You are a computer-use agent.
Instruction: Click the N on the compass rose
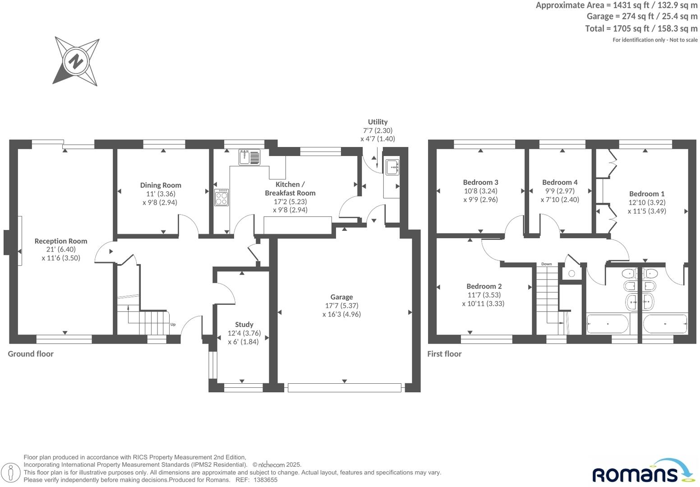[75, 61]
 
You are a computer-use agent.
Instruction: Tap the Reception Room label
[60, 241]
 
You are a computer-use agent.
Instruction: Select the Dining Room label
[161, 185]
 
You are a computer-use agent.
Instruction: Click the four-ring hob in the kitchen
[221, 198]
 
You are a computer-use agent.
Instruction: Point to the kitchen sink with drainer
[249, 157]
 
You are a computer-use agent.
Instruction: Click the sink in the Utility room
[392, 167]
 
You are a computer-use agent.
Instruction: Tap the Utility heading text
[378, 122]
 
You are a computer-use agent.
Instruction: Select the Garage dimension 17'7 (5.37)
[341, 306]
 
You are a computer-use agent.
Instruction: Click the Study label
[244, 325]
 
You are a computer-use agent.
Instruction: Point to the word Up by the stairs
[173, 325]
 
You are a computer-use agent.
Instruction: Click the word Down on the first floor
[547, 264]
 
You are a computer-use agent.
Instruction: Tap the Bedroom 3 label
[481, 182]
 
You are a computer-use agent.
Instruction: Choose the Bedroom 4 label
[560, 182]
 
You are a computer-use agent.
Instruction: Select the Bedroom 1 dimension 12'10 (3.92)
[647, 202]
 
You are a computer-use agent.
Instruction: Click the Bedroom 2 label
[484, 286]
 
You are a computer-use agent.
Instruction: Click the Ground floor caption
[31, 354]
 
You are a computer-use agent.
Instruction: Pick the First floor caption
[444, 354]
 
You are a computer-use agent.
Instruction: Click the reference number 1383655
[265, 480]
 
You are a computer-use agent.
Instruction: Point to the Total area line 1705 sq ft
[641, 29]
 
